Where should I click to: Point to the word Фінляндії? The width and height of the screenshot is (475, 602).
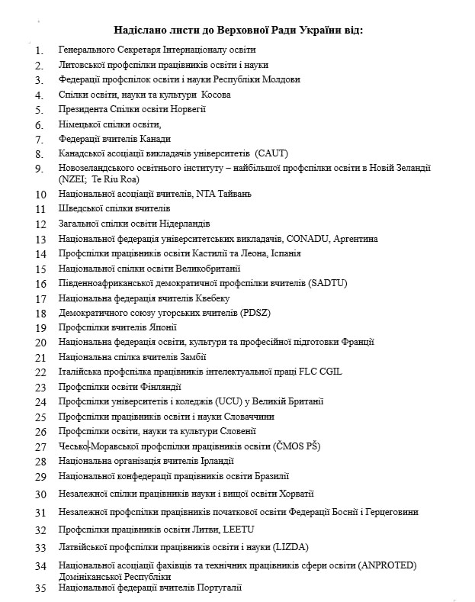pos(159,387)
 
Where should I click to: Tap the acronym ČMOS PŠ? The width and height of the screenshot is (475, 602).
pos(295,446)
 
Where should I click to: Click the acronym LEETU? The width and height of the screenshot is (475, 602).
pos(239,530)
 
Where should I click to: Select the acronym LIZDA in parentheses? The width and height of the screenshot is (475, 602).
pos(287,547)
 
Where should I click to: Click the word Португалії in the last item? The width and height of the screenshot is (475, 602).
pos(219,587)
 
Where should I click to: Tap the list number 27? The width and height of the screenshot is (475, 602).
pos(40,447)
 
